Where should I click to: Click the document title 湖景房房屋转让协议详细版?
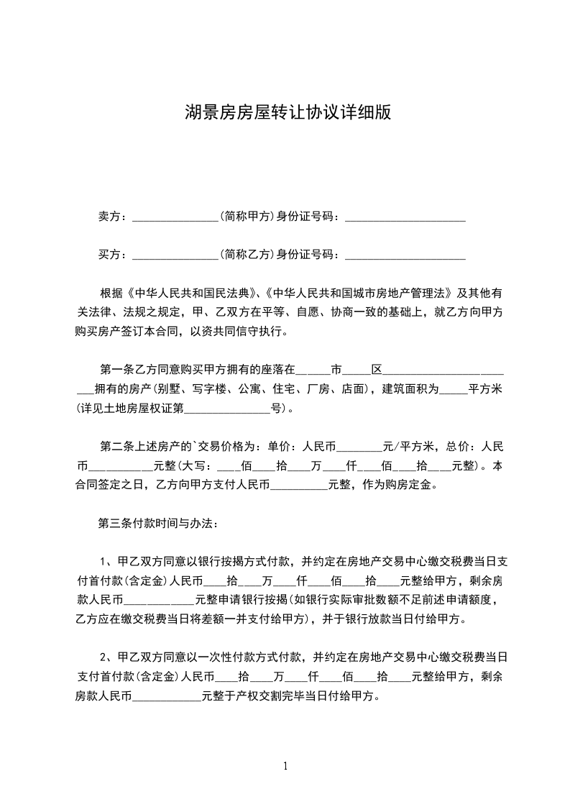point(288,112)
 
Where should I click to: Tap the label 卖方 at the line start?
point(111,216)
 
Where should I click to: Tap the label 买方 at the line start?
point(111,254)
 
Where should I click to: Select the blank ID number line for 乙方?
point(405,255)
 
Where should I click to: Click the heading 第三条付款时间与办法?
point(153,523)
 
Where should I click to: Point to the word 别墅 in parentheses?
point(174,390)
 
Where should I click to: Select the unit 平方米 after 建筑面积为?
point(485,390)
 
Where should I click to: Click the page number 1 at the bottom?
point(286,766)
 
